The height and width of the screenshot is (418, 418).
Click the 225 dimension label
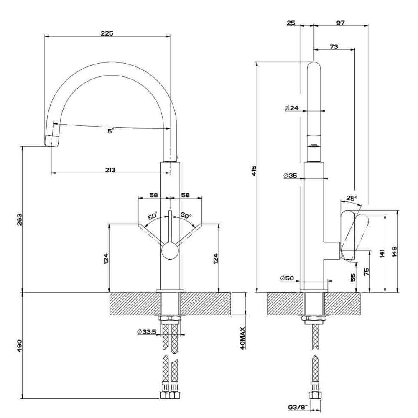click(x=107, y=33)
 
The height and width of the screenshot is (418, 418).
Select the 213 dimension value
click(x=110, y=170)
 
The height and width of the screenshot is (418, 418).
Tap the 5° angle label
click(x=111, y=131)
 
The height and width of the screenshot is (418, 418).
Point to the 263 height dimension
click(x=20, y=219)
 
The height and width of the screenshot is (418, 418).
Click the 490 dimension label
click(x=20, y=346)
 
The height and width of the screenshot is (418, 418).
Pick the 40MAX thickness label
click(x=242, y=338)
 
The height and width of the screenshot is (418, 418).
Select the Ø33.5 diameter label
click(x=147, y=332)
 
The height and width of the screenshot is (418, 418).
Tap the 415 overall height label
click(x=254, y=171)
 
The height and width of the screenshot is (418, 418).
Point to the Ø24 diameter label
click(x=291, y=108)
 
